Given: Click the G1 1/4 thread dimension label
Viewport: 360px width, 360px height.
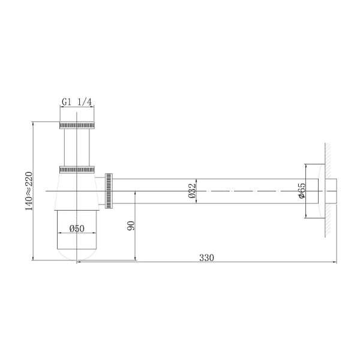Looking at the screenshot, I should tap(76, 102).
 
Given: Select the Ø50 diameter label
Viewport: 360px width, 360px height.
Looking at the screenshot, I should tap(76, 229).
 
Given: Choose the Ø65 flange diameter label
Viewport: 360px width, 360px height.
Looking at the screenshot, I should tap(302, 190).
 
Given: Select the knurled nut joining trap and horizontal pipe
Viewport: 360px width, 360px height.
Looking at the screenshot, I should tap(109, 191).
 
